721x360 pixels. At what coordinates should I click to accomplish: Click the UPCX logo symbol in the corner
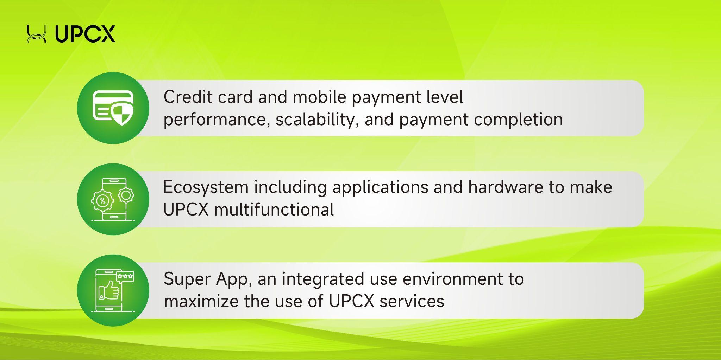(x=37, y=34)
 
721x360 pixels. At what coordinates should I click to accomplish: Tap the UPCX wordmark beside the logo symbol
(x=85, y=34)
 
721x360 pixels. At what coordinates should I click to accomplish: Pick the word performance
(x=217, y=120)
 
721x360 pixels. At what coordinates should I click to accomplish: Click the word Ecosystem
(x=206, y=187)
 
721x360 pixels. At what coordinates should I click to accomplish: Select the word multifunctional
(x=274, y=210)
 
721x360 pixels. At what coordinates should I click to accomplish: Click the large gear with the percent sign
(x=103, y=201)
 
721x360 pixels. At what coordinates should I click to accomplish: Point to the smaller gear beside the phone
(x=126, y=194)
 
